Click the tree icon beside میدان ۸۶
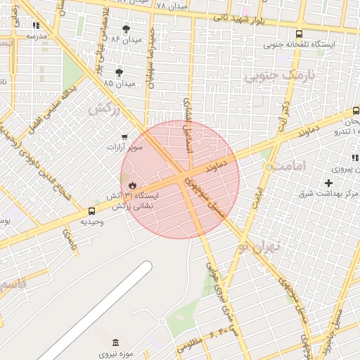[126, 29]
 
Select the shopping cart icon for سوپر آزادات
[124, 136]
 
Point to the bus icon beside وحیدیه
[92, 210]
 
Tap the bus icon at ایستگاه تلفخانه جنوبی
[300, 33]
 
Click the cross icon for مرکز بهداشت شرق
[328, 183]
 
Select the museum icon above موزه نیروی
[116, 342]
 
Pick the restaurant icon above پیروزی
[354, 157]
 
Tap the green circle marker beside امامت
[269, 167]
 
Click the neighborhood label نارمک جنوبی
[274, 77]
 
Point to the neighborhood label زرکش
[103, 109]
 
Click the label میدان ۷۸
[171, 6]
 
